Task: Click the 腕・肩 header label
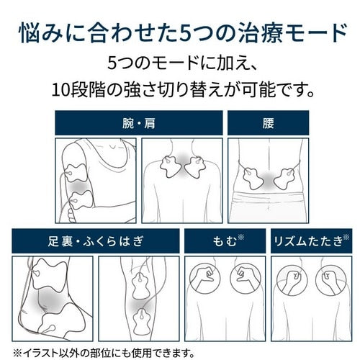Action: click(x=139, y=123)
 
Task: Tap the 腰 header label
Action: click(x=268, y=123)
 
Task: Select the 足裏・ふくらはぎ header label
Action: click(x=96, y=241)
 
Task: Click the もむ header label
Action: click(x=225, y=241)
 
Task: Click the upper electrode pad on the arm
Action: click(x=76, y=173)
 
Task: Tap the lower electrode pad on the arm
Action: click(x=81, y=199)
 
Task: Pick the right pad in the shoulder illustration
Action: click(x=195, y=167)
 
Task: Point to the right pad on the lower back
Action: click(x=284, y=178)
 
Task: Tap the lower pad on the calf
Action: click(x=142, y=322)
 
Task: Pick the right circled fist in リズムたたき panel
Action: click(x=331, y=280)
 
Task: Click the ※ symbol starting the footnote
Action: click(x=17, y=353)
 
